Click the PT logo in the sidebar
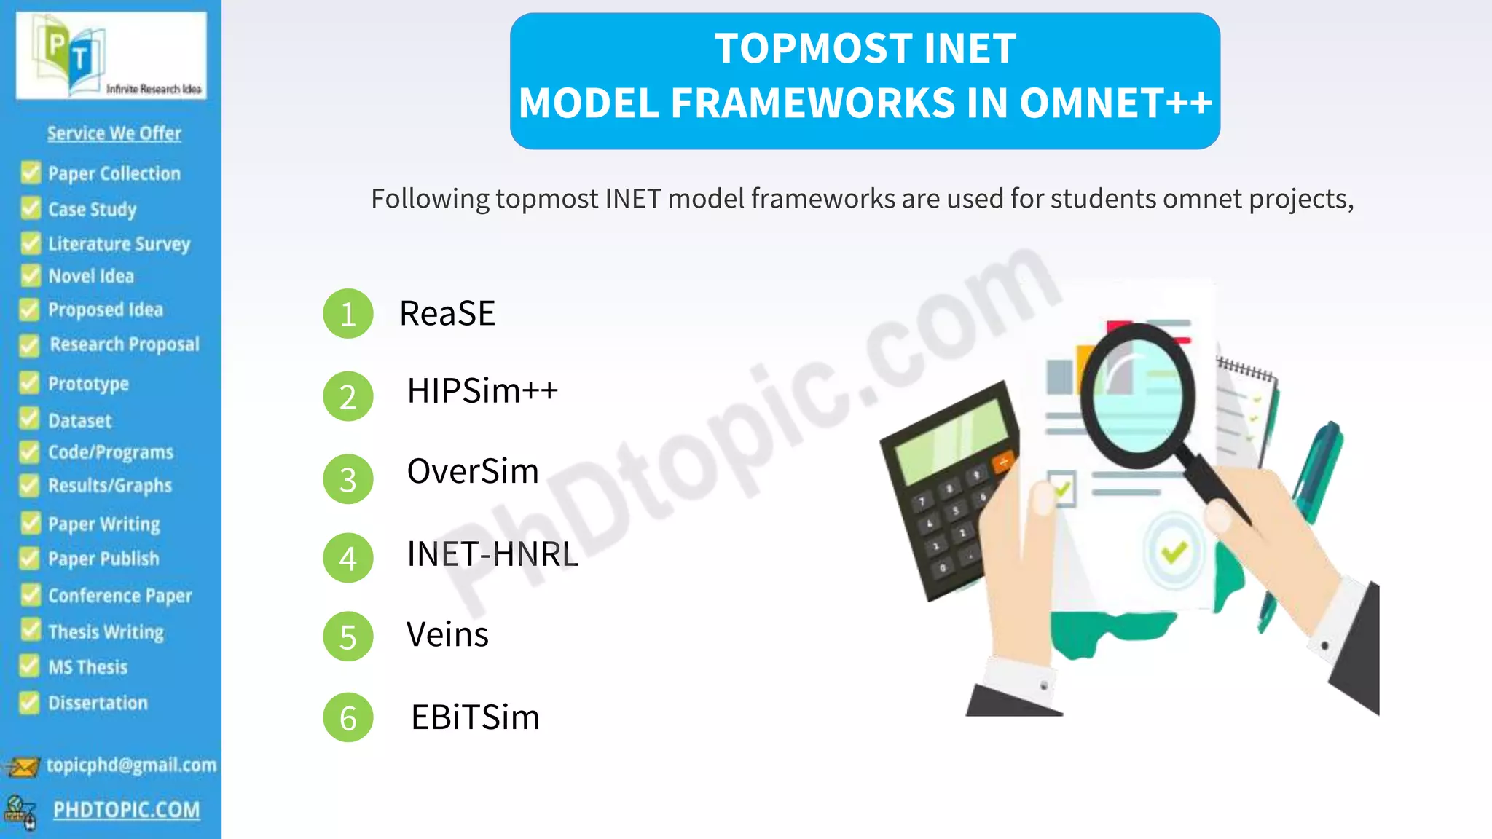coord(111,55)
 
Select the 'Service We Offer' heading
coord(114,133)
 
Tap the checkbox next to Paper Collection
coord(31,173)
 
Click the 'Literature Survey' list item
coord(119,243)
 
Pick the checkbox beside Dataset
coord(30,419)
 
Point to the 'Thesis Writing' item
coord(106,631)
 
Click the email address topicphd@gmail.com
coord(131,765)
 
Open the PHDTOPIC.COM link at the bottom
coord(126,810)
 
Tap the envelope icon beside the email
coord(22,767)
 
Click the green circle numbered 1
coord(348,314)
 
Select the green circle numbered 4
coord(348,558)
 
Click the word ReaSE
coord(447,313)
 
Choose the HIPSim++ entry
coord(482,391)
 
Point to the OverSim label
coord(473,471)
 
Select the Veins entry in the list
coord(447,634)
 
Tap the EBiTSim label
coord(475,717)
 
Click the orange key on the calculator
coord(1003,461)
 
